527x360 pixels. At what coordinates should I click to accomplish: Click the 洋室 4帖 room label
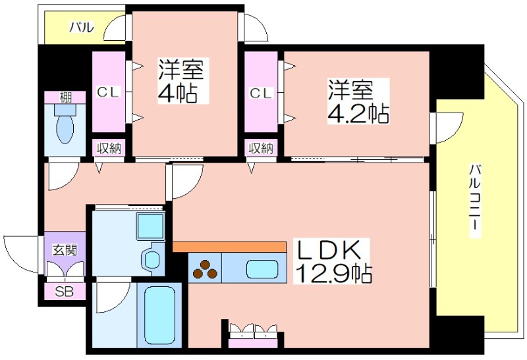point(181,81)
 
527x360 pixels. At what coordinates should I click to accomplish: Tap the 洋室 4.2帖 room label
point(358,101)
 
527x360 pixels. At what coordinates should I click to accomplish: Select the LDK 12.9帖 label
point(332,261)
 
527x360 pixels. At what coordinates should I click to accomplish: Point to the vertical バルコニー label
point(474,201)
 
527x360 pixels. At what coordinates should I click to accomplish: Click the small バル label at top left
point(82,27)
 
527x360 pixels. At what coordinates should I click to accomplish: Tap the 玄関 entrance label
point(64,250)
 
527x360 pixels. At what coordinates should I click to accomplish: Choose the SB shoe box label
point(64,292)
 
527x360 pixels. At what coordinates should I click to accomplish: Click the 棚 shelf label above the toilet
point(65,97)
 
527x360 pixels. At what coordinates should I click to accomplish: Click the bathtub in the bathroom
point(159,315)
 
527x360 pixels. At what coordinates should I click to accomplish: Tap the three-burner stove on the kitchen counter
point(205,269)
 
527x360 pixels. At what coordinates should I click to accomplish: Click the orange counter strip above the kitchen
point(229,247)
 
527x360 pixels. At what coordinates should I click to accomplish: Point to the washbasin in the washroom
point(152,259)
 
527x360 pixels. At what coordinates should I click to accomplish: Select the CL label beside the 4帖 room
point(108,91)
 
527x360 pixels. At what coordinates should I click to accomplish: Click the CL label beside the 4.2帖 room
point(260,93)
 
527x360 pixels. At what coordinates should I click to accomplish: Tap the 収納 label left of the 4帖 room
point(109,148)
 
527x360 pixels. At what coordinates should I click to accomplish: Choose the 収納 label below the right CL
point(261,148)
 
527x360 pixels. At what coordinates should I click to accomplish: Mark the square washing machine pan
point(151,226)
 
